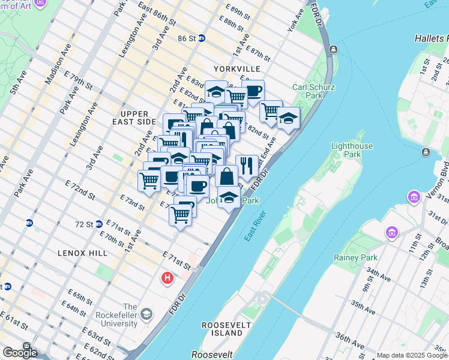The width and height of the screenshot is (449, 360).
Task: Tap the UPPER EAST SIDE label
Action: pos(137,118)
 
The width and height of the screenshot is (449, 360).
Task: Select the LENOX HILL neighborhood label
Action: pos(83,253)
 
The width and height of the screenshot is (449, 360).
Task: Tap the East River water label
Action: pos(255,227)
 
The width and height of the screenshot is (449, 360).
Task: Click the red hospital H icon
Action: pos(167,278)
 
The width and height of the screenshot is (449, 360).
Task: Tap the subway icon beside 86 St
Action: pos(202,38)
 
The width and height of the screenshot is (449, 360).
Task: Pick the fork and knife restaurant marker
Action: pos(247,165)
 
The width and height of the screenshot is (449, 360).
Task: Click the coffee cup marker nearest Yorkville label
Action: pos(253,91)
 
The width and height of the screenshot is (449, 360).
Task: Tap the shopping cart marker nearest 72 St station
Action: pos(181,214)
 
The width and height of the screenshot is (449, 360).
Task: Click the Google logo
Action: pos(20,353)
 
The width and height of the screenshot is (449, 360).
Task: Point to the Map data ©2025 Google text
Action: pos(411,355)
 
